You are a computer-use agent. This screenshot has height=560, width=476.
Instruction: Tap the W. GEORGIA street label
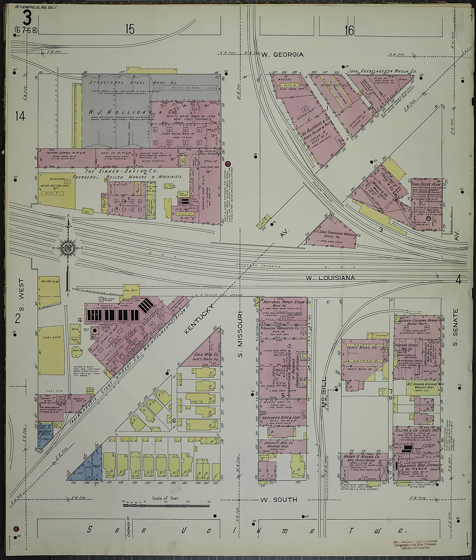(282, 55)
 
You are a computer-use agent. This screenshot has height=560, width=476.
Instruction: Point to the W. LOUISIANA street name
(330, 278)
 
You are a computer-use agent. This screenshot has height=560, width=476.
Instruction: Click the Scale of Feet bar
(166, 505)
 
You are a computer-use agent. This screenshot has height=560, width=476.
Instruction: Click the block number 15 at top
(129, 29)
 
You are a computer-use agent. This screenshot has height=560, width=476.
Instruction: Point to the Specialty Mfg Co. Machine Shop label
(282, 444)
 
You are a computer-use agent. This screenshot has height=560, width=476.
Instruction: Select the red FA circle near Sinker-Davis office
(228, 164)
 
